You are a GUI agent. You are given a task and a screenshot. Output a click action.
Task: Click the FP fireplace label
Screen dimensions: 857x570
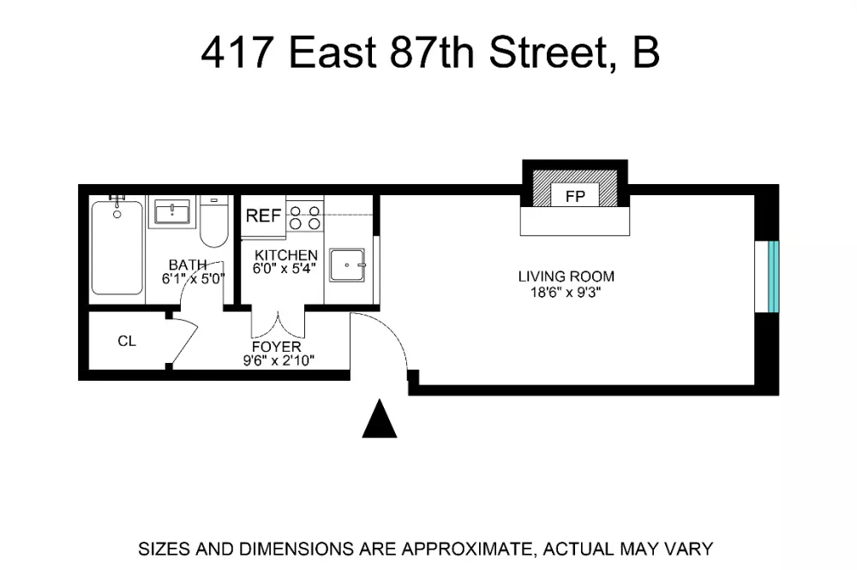[x=575, y=196]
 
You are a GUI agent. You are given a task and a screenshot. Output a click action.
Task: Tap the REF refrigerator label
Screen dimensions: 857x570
[x=263, y=217]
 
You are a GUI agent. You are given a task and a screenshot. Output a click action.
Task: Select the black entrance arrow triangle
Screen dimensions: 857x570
[x=380, y=419]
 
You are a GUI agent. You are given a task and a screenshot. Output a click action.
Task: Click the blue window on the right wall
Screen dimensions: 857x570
[x=773, y=276]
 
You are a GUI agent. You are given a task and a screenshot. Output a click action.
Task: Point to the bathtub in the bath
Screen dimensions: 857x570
[x=117, y=248]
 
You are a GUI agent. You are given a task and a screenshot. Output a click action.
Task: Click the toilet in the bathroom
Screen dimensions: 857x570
[x=213, y=222]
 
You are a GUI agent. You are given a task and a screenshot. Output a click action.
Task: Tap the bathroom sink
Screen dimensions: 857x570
[x=172, y=211]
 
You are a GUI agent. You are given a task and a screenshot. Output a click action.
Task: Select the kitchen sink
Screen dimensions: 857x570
[x=347, y=265]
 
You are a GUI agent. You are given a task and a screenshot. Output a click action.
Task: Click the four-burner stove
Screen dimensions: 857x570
[x=305, y=217]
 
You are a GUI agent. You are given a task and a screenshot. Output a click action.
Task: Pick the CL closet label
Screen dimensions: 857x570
[x=127, y=341]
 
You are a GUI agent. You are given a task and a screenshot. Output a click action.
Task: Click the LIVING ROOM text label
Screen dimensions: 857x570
[x=566, y=276]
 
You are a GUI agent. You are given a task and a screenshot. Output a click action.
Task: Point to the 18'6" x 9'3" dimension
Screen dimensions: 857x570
[x=566, y=292]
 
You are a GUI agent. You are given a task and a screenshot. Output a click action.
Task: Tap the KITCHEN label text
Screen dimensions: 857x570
[x=286, y=255]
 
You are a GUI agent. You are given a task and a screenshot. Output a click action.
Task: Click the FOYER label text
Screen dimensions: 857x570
[x=277, y=347]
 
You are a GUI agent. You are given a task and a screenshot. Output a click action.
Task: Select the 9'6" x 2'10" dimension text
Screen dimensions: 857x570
[x=279, y=360]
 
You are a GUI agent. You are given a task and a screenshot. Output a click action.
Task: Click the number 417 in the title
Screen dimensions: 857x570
[x=237, y=52]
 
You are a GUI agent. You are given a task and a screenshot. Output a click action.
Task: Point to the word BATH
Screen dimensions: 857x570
[x=188, y=264]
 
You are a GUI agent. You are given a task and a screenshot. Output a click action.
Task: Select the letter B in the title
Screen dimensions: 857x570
[x=646, y=52]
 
